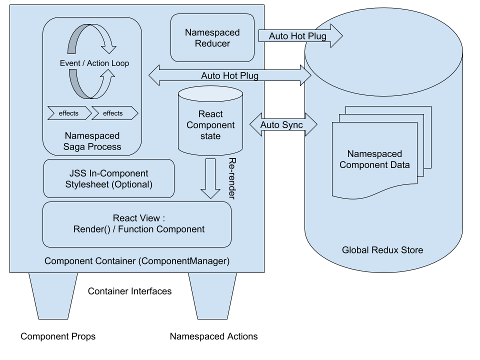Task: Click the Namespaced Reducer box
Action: point(212,38)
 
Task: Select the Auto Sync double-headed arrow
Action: point(283,124)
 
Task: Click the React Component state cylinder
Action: point(210,119)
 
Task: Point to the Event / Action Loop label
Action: point(94,63)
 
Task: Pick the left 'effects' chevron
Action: point(69,113)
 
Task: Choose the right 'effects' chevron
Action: point(114,113)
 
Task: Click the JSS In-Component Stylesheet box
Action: point(109,178)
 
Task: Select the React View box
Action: point(137,224)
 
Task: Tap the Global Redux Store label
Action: point(382,250)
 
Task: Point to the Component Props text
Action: point(58,336)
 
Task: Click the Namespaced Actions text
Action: point(214,336)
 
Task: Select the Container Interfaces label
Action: point(129,291)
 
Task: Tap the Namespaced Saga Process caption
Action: point(92,141)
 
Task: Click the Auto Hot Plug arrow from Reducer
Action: point(300,36)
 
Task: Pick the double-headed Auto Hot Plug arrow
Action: point(230,75)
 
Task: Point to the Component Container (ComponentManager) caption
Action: point(136,261)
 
